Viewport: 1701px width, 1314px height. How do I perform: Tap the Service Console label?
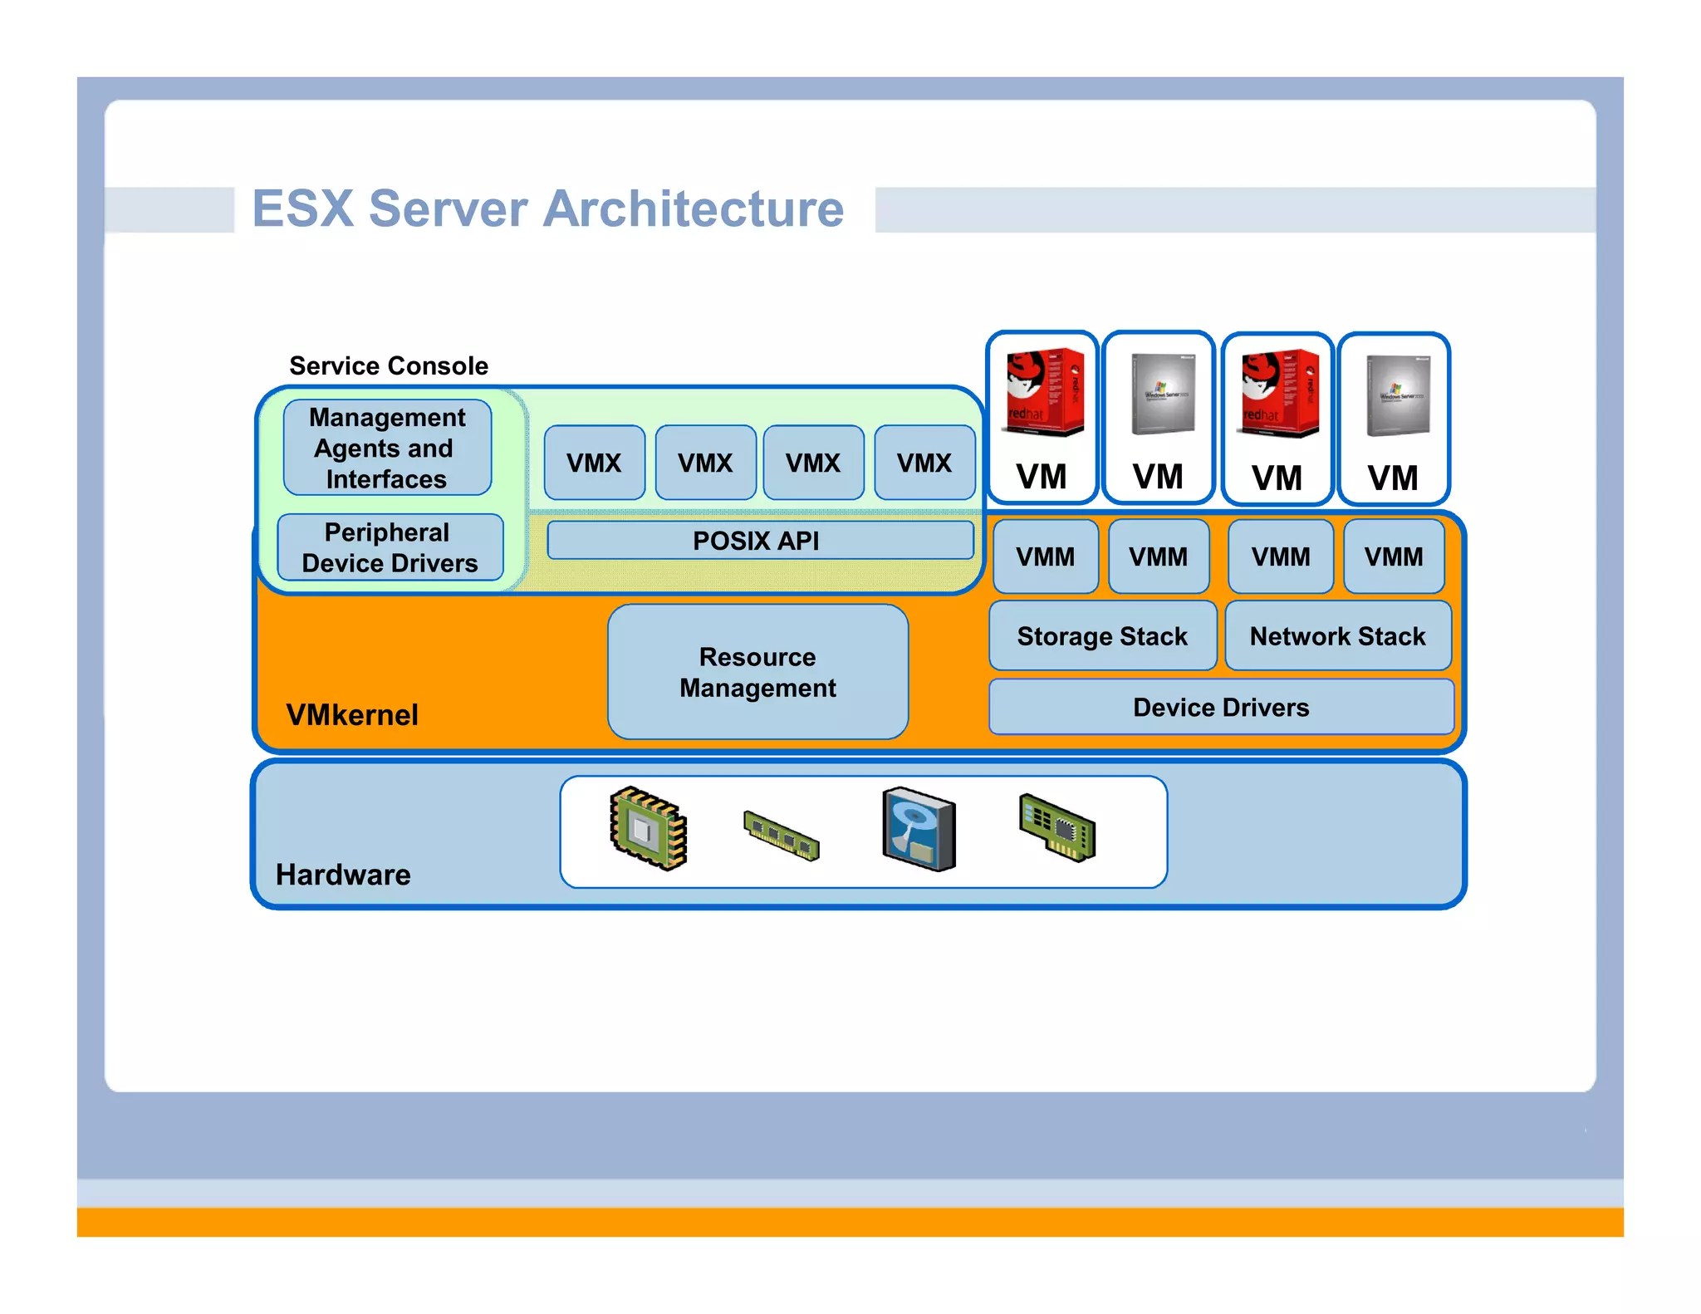tap(388, 365)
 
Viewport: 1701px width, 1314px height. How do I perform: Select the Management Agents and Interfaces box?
tap(387, 448)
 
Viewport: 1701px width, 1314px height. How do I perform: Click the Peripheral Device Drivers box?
tap(390, 547)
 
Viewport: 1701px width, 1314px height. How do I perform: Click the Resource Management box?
tap(757, 672)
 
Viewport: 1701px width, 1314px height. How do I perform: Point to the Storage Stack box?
tap(1102, 636)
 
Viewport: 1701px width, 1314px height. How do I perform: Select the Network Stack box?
tap(1337, 636)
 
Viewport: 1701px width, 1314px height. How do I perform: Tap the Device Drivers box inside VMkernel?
tap(1221, 707)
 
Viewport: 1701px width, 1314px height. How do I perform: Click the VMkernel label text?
tap(352, 714)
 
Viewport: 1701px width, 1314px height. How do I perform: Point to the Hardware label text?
tap(343, 875)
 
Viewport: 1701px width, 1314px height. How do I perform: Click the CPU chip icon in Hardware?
tap(648, 828)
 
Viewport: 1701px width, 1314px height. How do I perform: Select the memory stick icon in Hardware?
tap(781, 836)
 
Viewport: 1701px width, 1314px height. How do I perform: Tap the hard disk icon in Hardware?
tap(919, 829)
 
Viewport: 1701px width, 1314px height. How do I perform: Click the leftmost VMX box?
tap(594, 463)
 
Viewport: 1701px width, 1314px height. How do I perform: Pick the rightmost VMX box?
tap(924, 463)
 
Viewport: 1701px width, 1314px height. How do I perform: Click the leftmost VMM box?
tap(1045, 556)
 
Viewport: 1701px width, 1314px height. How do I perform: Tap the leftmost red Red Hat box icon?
tap(1044, 392)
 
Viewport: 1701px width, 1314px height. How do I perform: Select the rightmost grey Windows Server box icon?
tap(1398, 395)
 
